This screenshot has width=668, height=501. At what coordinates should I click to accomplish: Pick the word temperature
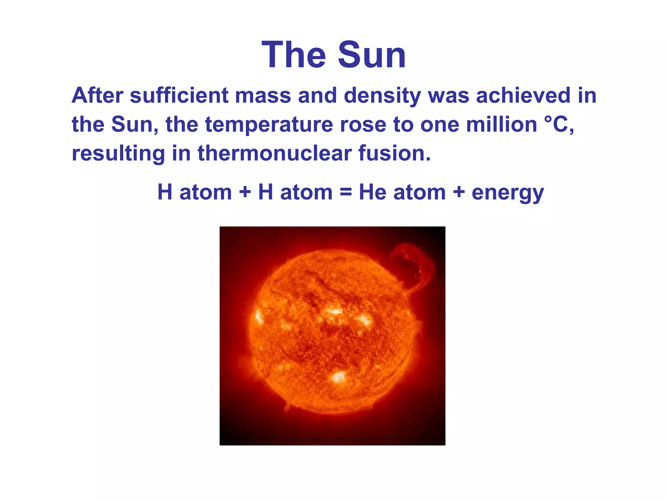coord(269,125)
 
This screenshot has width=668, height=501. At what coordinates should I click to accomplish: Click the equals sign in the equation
coord(346,192)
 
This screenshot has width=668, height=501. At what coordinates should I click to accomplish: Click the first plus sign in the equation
coord(245,192)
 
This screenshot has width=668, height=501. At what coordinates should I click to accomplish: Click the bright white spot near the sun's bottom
coord(339,377)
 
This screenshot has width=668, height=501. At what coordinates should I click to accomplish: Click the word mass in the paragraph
coord(263,96)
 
